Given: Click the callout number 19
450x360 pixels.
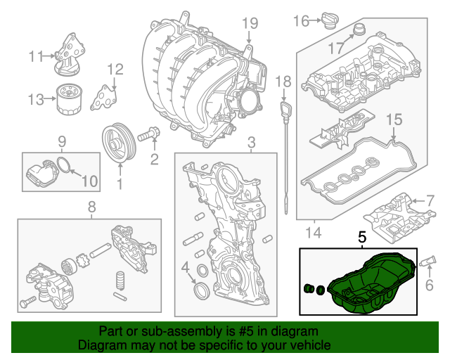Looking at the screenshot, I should point(250,24).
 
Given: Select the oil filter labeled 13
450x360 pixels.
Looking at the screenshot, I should point(70,100).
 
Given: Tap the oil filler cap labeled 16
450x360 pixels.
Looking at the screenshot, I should point(330,20).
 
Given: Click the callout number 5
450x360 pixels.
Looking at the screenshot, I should point(362,238).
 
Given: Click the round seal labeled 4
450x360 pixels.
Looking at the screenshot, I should point(200,289).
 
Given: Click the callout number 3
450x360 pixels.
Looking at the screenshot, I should point(251,143).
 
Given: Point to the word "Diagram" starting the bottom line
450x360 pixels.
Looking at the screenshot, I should point(100,345).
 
